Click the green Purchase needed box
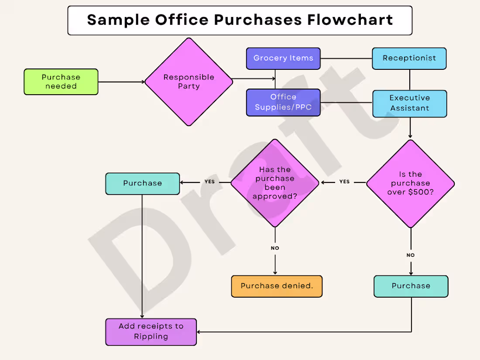click(61, 82)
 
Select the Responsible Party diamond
click(189, 82)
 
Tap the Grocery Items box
click(283, 58)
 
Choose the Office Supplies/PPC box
click(283, 103)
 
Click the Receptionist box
click(409, 58)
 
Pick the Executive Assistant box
click(410, 103)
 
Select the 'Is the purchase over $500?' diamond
click(411, 184)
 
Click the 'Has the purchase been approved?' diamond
click(275, 183)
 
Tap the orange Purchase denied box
click(277, 286)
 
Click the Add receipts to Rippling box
click(151, 332)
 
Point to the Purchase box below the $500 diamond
click(411, 286)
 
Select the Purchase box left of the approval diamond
click(142, 183)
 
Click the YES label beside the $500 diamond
click(344, 182)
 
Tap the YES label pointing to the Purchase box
click(210, 182)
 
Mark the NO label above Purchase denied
click(275, 248)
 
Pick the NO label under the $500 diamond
click(411, 255)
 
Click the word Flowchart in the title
click(350, 20)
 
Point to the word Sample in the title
click(119, 20)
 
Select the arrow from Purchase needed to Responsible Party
click(122, 82)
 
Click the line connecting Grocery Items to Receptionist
click(346, 58)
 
